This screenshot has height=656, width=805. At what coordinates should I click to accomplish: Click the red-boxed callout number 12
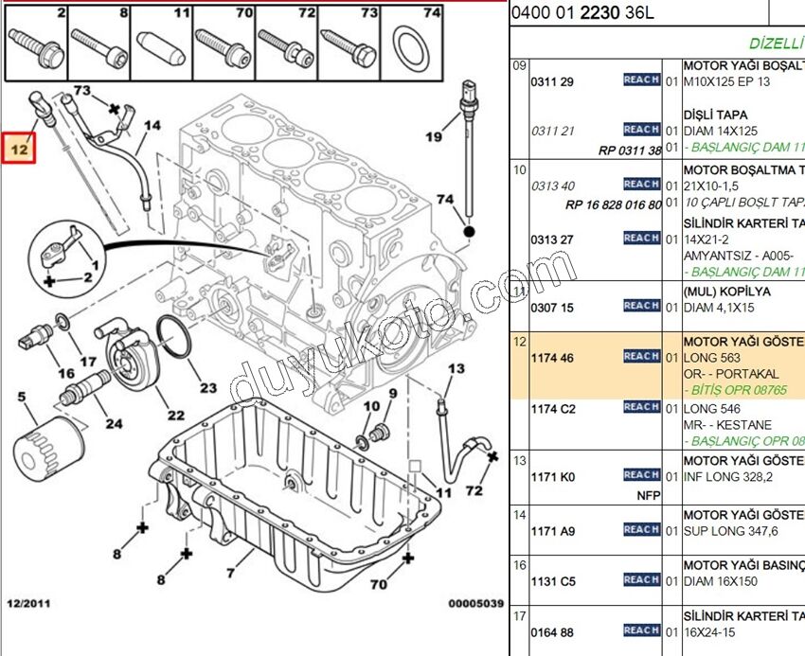point(19,148)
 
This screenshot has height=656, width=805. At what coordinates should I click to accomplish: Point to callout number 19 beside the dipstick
point(433,136)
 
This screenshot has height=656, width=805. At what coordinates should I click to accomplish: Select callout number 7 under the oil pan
point(229,573)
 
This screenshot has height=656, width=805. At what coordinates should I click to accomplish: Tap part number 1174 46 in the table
point(553,358)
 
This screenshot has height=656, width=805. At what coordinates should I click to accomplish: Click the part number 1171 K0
point(553,477)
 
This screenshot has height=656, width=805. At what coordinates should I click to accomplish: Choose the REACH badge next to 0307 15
point(641,306)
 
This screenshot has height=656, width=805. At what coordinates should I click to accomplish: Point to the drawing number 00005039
point(476,603)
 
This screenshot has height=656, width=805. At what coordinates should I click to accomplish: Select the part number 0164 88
point(553,632)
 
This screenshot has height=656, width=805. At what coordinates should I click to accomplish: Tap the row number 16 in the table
point(519,565)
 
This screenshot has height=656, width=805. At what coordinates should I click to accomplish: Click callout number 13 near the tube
point(456,368)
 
